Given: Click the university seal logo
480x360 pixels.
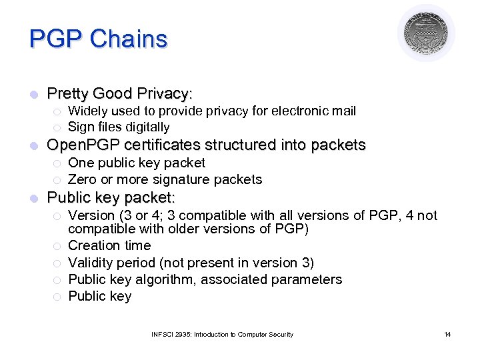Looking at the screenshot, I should click(x=426, y=33).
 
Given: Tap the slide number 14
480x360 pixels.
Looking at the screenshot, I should click(x=447, y=334).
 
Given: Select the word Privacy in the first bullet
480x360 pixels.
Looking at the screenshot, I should click(x=164, y=93).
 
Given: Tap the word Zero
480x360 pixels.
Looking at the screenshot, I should click(x=83, y=179).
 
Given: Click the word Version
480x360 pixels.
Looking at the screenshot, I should click(x=91, y=215).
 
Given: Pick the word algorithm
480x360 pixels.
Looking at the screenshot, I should click(x=159, y=279).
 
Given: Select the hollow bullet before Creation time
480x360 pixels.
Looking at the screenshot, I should click(x=57, y=246).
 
